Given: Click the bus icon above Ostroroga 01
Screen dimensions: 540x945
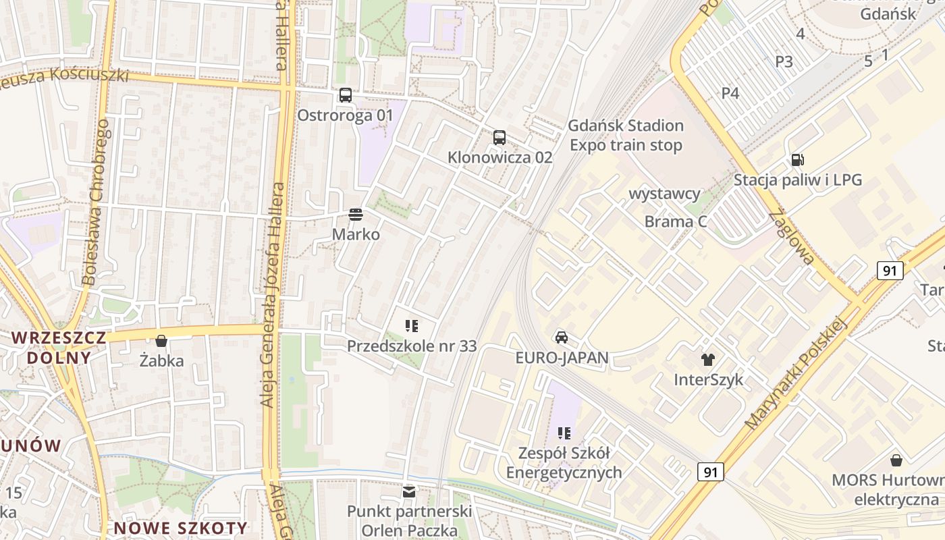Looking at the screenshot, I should (x=345, y=95).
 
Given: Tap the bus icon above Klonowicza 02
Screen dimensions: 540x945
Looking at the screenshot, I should (x=499, y=138).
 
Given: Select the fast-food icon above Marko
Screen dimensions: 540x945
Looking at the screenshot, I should (x=356, y=215).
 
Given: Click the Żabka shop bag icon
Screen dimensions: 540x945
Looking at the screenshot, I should (x=161, y=341).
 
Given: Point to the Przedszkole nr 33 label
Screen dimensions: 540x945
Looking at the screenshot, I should (x=411, y=346).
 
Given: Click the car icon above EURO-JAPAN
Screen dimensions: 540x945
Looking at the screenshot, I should (x=561, y=337).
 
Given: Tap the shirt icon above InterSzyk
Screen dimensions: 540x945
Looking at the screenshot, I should (x=707, y=360).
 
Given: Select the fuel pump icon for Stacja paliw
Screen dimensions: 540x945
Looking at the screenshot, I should (x=797, y=160).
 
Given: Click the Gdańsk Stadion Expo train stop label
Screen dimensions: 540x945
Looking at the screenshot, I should (x=626, y=136).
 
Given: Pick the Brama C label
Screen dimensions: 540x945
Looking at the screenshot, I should (x=676, y=221).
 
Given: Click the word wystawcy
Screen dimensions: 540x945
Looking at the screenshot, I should (x=664, y=194).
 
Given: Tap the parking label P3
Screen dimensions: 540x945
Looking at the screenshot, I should (x=784, y=62).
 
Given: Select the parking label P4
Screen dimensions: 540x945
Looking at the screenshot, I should (x=730, y=93).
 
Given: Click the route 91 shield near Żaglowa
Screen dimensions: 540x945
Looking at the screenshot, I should (x=890, y=271).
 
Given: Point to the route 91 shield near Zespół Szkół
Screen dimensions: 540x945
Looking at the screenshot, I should (x=710, y=471).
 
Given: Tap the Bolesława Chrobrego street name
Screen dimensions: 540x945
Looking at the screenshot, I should (x=95, y=202).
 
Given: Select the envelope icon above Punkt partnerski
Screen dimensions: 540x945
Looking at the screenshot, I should (x=408, y=491).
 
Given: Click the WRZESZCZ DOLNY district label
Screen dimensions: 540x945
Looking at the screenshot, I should (x=59, y=348).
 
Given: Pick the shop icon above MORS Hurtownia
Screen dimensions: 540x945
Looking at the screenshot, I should (x=896, y=460).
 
